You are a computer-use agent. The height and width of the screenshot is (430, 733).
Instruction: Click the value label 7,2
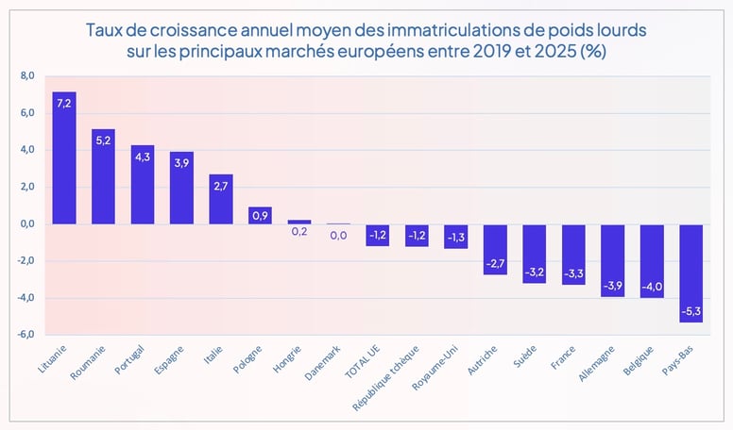tap(64, 104)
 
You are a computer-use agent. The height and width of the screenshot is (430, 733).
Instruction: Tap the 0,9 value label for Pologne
tap(260, 216)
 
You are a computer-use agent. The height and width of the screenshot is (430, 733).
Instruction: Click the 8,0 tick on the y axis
tap(26, 76)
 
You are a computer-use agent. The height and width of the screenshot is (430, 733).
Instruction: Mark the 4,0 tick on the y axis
tap(26, 150)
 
